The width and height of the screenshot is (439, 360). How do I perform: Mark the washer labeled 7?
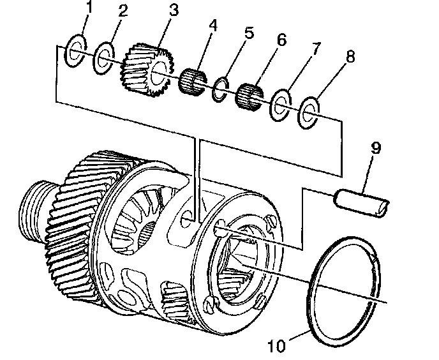pyautogui.click(x=281, y=105)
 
